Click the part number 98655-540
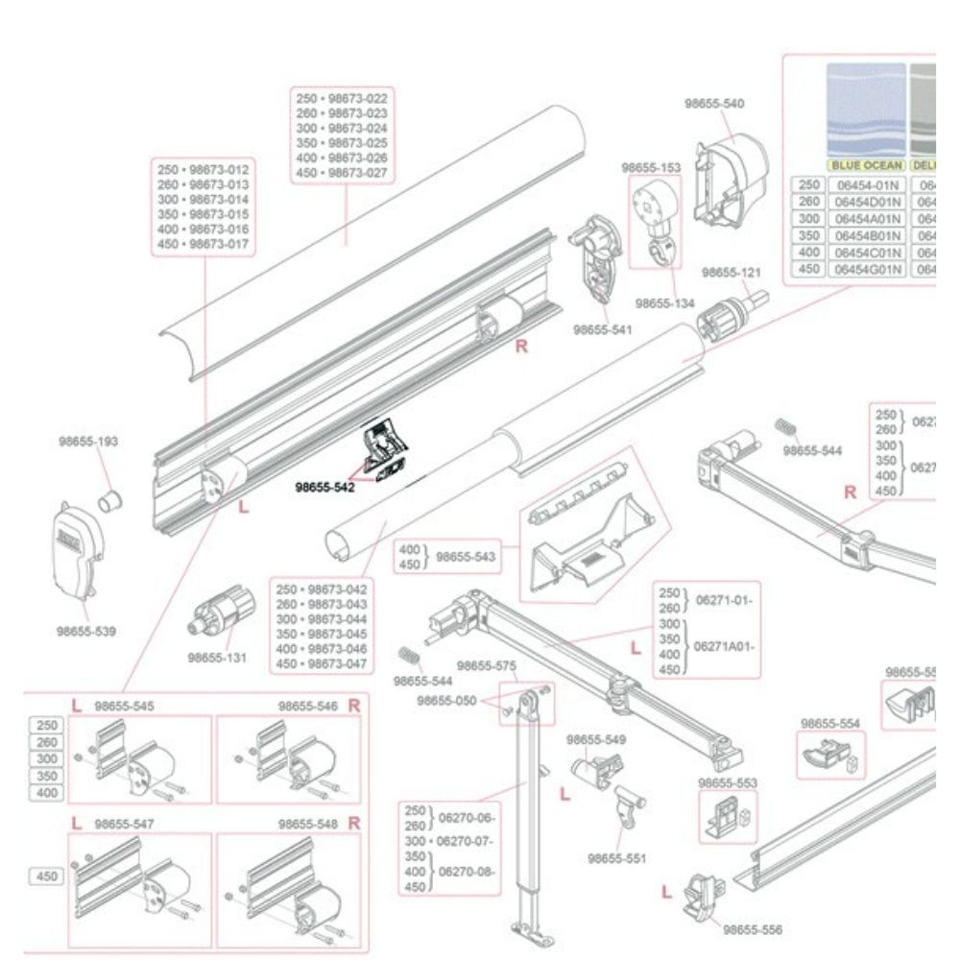[714, 103]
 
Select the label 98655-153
[651, 167]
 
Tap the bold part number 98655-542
[324, 487]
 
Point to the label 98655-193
[87, 442]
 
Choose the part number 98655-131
[217, 659]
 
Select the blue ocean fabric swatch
[867, 108]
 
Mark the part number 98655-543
[466, 557]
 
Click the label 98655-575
[486, 665]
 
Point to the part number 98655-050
[446, 701]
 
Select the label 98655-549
[596, 739]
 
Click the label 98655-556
[753, 929]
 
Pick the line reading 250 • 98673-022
[342, 99]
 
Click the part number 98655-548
[308, 824]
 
